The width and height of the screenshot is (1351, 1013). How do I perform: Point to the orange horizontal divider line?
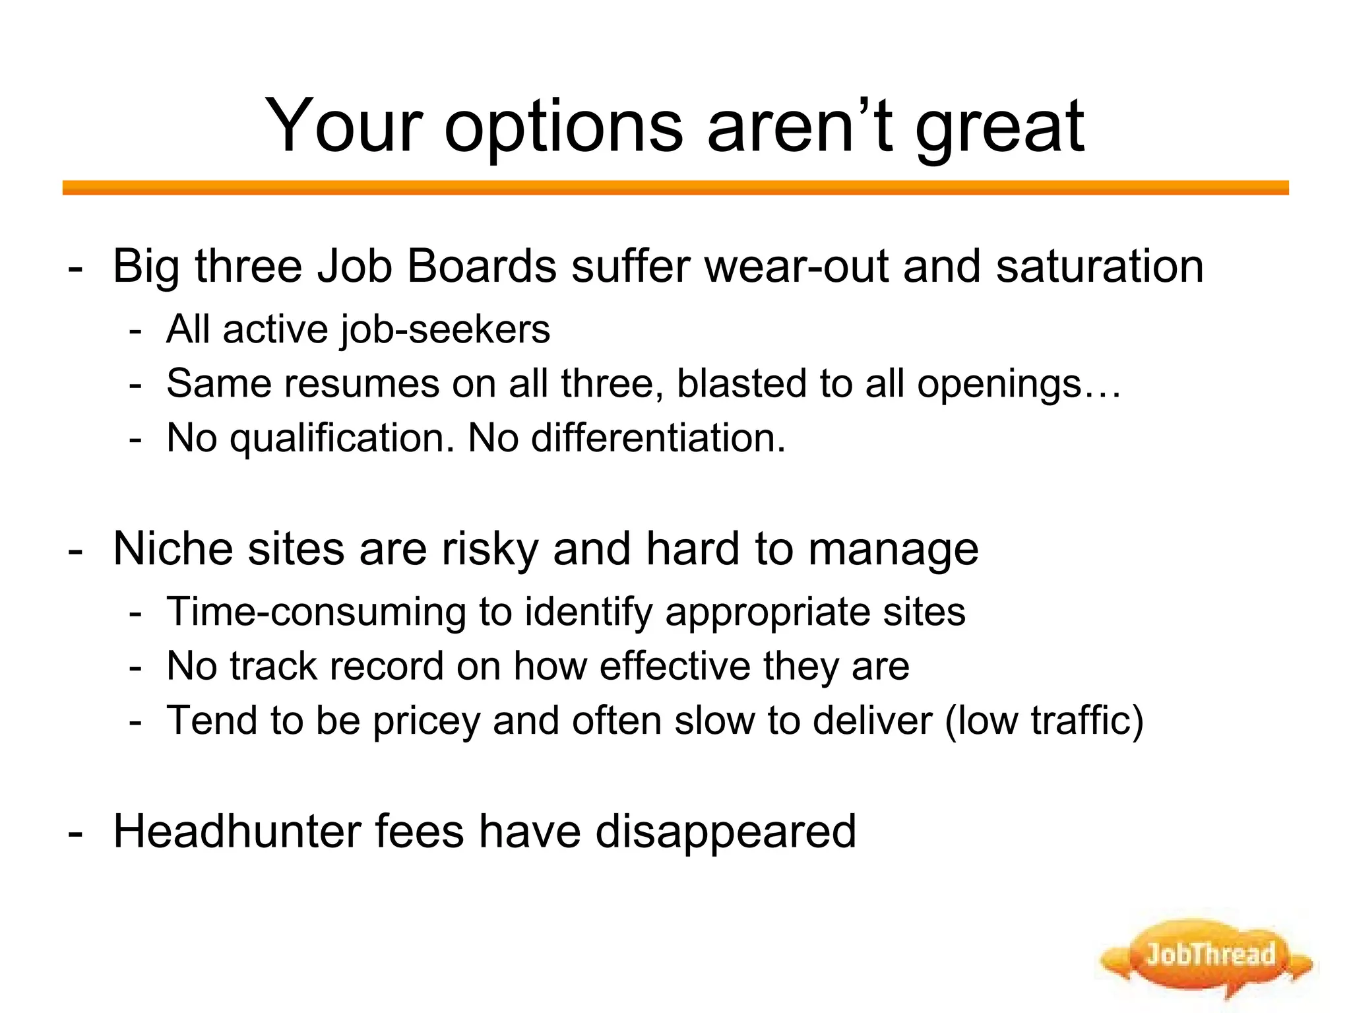click(x=675, y=188)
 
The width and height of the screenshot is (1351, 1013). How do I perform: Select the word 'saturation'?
click(x=1100, y=267)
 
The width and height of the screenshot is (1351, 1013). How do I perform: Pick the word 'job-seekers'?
click(x=445, y=330)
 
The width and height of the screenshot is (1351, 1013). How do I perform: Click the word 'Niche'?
click(x=173, y=549)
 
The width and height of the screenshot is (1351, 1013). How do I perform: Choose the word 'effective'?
click(x=675, y=666)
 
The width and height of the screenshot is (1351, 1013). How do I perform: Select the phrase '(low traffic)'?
click(x=1044, y=720)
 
